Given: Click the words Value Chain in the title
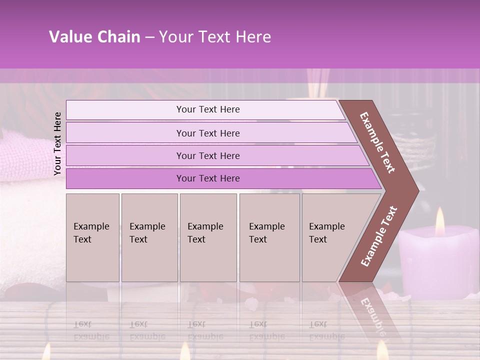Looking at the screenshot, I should (x=94, y=37).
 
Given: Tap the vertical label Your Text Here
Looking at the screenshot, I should (x=57, y=143).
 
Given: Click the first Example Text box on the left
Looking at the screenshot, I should (x=92, y=237).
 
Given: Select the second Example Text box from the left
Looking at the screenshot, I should (x=149, y=237).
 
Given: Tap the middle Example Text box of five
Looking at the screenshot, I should (x=208, y=237).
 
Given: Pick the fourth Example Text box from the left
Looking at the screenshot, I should (x=269, y=237).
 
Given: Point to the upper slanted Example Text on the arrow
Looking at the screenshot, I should (x=377, y=142).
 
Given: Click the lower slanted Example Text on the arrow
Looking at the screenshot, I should (x=378, y=236).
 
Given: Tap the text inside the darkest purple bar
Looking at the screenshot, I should (x=208, y=178).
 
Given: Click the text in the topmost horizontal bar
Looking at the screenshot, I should (x=208, y=109).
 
